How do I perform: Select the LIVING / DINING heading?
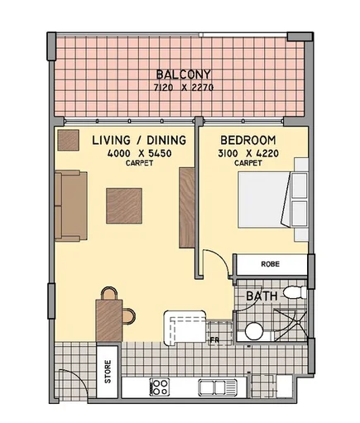[x=127, y=141]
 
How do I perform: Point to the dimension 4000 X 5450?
[x=127, y=153]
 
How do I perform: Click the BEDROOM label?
[x=248, y=141]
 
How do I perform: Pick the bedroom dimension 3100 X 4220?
[x=248, y=153]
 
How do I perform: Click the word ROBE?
[x=270, y=266]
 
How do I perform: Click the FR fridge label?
[x=214, y=339]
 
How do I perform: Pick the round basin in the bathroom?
[x=254, y=331]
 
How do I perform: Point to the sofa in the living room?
[x=70, y=205]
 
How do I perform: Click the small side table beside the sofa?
[x=66, y=139]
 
